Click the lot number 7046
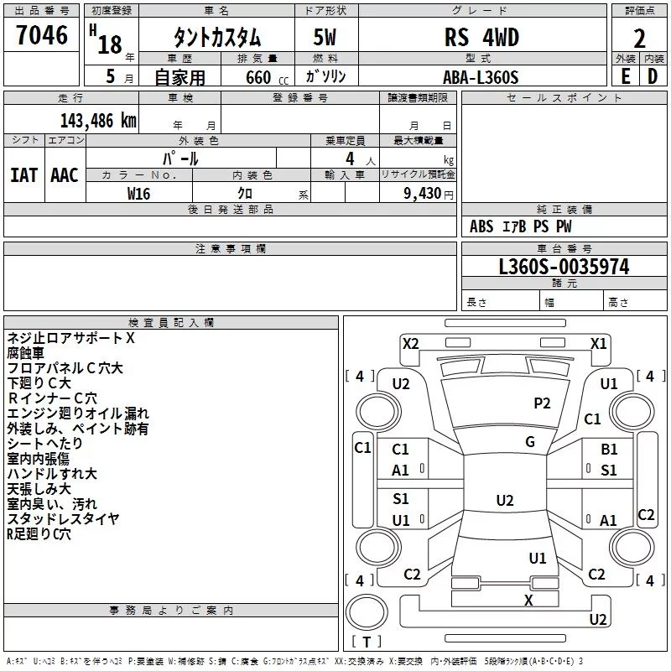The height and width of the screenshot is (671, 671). (41, 34)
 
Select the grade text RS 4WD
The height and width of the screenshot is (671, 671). (481, 37)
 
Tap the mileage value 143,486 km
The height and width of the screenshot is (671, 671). (98, 121)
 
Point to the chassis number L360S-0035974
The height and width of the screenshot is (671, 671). (564, 267)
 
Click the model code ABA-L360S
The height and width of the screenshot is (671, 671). (481, 77)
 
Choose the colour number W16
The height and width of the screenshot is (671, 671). (138, 194)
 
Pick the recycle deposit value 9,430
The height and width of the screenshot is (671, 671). (423, 194)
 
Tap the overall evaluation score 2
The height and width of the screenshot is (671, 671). (639, 39)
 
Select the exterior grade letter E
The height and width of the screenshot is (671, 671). (626, 76)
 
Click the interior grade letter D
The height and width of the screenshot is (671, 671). (653, 76)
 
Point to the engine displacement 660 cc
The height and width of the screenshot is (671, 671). (267, 78)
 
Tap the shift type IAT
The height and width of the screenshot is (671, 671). (24, 175)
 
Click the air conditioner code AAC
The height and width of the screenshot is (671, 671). (65, 175)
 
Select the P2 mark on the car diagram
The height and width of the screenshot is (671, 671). (542, 403)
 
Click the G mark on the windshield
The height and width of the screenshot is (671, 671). (530, 442)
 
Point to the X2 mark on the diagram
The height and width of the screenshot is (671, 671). (411, 344)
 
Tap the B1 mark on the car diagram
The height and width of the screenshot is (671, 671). (609, 450)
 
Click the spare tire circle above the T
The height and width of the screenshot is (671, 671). (367, 612)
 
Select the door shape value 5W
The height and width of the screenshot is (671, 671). (325, 37)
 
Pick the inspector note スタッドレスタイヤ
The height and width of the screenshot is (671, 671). (64, 518)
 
